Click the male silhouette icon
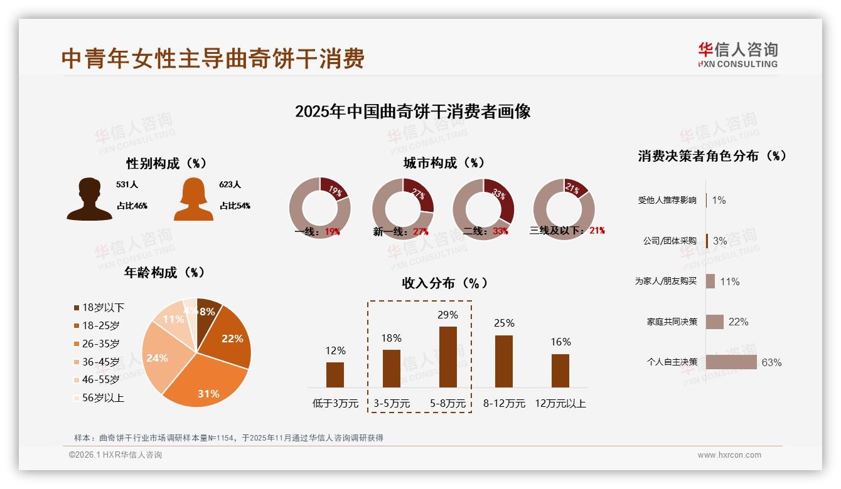point(89,199)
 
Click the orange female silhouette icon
point(193,199)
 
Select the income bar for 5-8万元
point(448,357)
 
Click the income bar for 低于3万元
point(335,374)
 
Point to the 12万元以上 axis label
point(560,404)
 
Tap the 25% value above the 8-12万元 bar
point(504,323)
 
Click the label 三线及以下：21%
point(567,231)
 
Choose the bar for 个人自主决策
point(731,362)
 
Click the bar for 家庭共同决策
point(715,322)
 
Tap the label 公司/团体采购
point(670,241)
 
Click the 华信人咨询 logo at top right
point(737,55)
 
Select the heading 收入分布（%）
point(444,283)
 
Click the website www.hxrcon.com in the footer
point(729,455)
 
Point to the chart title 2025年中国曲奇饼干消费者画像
point(412,112)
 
